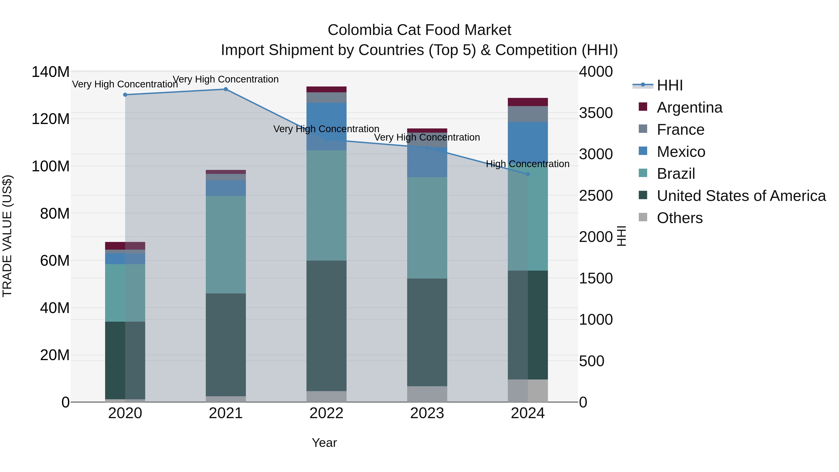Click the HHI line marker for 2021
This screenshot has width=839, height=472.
point(226,89)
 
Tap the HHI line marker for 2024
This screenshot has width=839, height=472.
point(528,174)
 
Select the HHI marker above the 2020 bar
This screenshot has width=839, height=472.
point(125,95)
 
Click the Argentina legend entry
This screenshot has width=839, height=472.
point(689,107)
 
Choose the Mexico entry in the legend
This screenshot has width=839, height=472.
point(681,152)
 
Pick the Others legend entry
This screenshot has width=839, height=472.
point(679,218)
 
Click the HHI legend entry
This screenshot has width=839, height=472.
point(669,85)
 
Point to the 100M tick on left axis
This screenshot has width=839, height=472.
point(51,166)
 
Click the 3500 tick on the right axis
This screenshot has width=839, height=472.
point(596,113)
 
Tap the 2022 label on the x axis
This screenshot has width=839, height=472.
point(326,413)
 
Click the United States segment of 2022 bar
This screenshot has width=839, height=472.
point(326,326)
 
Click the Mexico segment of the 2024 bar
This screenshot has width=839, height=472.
point(528,143)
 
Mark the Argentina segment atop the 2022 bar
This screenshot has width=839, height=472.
point(326,89)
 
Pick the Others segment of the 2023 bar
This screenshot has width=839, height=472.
point(427,394)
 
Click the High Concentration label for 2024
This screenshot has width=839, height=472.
point(528,164)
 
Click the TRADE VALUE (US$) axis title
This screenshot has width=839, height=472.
point(7,236)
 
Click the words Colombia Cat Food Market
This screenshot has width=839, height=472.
point(419,30)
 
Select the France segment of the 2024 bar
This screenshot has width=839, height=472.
point(528,114)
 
